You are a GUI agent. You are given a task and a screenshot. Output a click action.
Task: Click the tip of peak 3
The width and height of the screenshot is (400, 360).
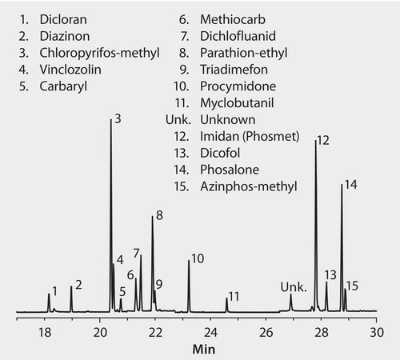pyautogui.click(x=110, y=119)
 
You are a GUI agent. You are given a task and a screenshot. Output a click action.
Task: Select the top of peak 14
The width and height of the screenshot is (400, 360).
pyautogui.click(x=342, y=186)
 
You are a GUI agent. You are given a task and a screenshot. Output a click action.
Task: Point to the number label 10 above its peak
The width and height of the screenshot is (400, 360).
pyautogui.click(x=198, y=258)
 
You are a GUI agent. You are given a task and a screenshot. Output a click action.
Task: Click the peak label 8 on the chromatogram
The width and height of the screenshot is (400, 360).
pyautogui.click(x=159, y=215)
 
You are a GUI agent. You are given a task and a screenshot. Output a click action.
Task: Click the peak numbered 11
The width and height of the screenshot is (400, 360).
pyautogui.click(x=226, y=300)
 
